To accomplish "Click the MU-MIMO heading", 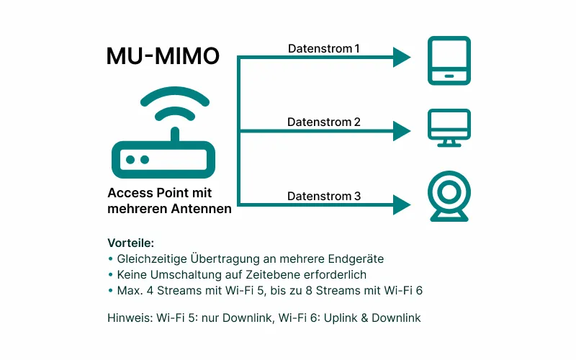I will (163, 56).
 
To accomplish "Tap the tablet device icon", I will (449, 60).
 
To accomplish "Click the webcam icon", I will (449, 195).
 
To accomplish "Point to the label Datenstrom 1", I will (323, 49).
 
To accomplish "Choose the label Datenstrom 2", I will (323, 122).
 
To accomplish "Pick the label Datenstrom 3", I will (323, 196).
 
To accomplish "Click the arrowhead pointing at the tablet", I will (401, 58).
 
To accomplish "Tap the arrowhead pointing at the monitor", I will (401, 131).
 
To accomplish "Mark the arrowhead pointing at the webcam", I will (401, 204).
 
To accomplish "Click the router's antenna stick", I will (173, 135).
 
